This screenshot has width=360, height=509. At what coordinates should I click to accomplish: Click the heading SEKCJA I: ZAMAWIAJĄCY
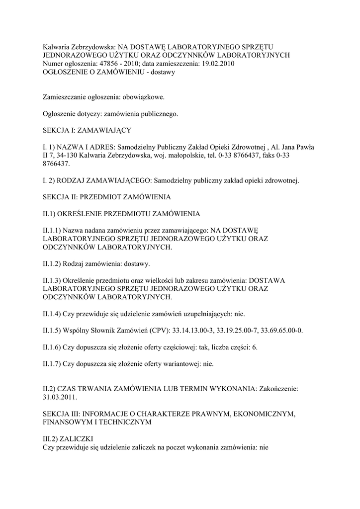[x=87, y=130]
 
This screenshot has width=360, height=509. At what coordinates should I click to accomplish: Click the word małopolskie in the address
[x=178, y=156]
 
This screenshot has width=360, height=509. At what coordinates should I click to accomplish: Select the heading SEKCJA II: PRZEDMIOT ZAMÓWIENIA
[x=107, y=197]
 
